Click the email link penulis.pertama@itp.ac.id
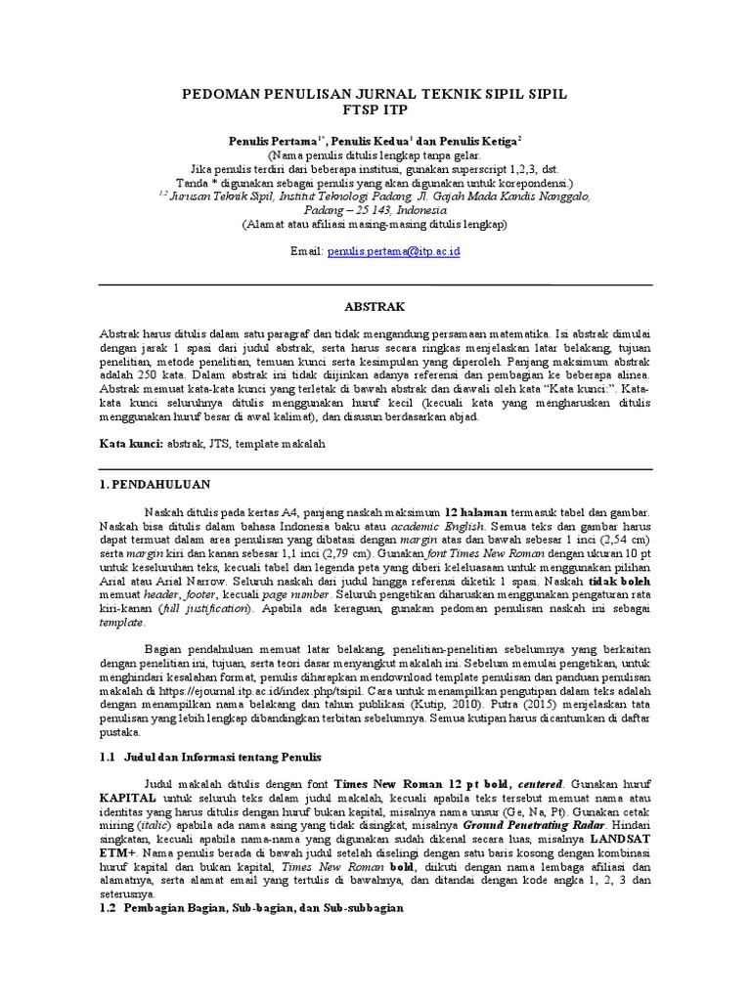point(395,251)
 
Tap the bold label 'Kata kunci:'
point(131,443)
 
